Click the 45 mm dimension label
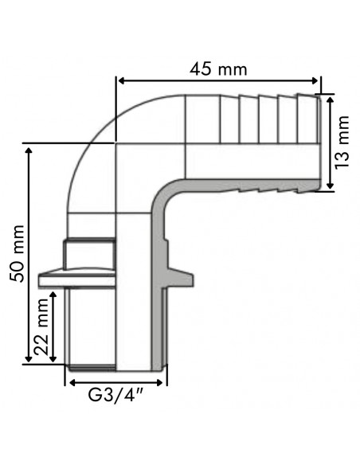click(x=218, y=68)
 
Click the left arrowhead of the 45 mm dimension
click(x=122, y=80)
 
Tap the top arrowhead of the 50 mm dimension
click(x=30, y=149)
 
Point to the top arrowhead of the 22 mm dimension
click(x=53, y=294)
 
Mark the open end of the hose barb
click(x=320, y=142)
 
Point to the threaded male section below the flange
click(x=92, y=326)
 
